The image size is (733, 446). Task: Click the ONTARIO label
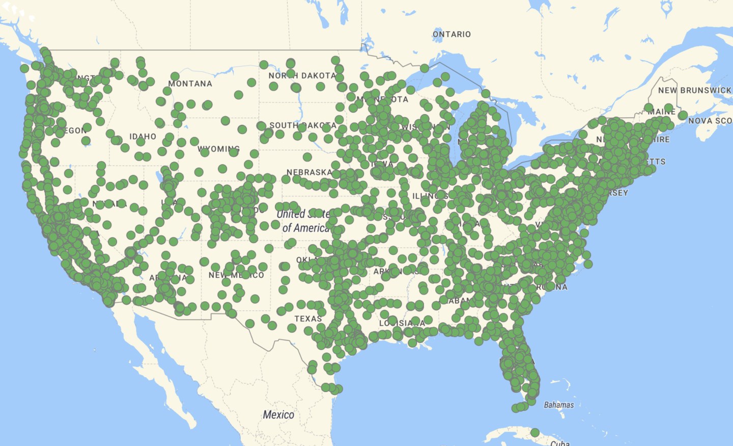coord(452,34)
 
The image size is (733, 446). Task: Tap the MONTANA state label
coord(190,84)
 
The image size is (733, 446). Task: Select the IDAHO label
coord(143,137)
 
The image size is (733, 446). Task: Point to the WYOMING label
coord(218,149)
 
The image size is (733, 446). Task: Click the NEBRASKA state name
coord(309,172)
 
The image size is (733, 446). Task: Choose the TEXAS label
coord(308,319)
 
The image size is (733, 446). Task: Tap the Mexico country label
coord(278,415)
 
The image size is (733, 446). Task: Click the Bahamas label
coord(558,405)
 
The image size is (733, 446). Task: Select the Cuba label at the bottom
coord(560,443)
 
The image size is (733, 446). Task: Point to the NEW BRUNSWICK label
coord(694,90)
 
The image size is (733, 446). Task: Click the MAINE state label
coord(662,112)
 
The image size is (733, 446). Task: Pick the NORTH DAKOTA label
coord(302,75)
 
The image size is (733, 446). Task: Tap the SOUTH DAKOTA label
coord(302,125)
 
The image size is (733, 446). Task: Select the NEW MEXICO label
coord(236,275)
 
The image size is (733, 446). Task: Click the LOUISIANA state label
coord(402,323)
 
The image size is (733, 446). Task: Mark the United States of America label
coord(304,221)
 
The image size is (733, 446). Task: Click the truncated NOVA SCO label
coord(710,121)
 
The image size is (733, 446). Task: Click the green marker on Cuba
coord(534,433)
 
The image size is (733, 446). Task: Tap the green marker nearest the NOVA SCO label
coord(683,115)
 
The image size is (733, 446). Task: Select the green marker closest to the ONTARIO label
coord(425,68)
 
